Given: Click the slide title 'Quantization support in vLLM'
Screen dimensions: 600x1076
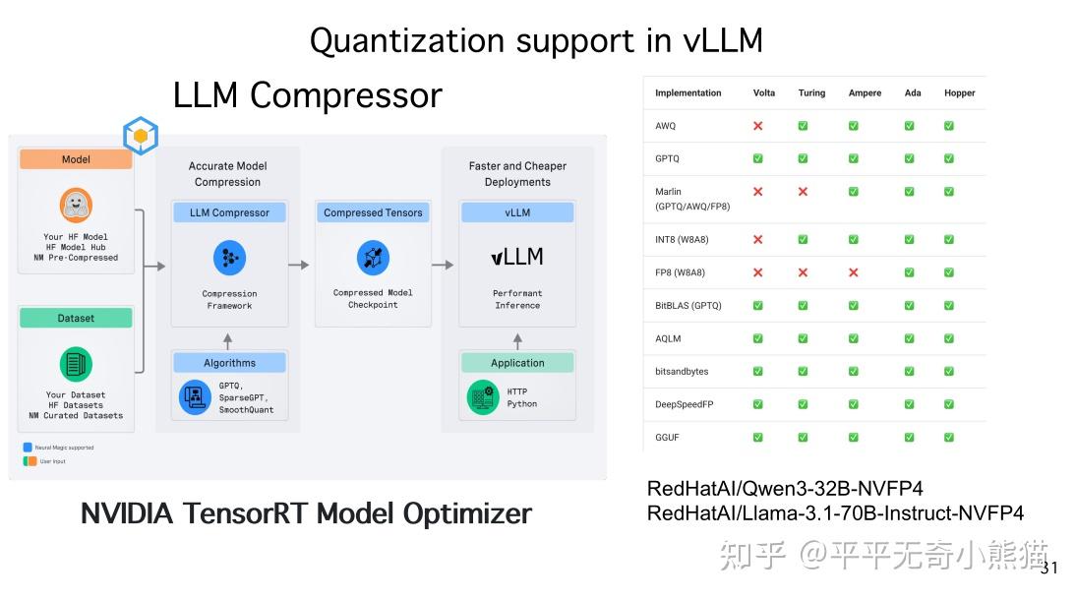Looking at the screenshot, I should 536,40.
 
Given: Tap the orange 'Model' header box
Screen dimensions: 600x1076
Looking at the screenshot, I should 76,159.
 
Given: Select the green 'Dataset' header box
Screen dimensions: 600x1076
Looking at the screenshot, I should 76,318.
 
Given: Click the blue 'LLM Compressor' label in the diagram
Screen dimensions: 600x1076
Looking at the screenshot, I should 229,212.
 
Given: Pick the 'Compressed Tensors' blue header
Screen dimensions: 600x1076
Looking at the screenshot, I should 373,212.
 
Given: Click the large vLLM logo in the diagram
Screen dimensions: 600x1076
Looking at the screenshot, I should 517,257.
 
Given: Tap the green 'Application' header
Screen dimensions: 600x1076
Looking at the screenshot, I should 517,363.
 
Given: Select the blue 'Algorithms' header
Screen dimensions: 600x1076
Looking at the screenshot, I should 229,363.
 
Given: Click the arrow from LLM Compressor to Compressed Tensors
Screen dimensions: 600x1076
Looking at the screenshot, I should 299,265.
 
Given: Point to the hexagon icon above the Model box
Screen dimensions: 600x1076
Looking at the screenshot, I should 141,136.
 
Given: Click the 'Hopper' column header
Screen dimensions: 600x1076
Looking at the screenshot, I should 959,93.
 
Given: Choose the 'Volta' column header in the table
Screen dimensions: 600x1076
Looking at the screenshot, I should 764,93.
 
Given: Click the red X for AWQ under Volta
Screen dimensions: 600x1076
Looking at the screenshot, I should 758,126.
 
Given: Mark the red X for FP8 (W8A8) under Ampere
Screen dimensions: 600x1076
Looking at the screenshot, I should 853,272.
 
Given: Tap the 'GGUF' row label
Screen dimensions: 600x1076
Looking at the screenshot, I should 668,437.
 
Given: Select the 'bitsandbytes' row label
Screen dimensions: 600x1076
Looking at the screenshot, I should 682,371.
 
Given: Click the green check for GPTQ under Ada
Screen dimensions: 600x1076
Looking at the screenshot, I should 909,158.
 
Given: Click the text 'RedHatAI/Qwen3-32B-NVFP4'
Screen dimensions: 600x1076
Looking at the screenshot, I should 785,489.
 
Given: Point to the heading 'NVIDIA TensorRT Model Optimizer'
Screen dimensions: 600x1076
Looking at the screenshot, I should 306,513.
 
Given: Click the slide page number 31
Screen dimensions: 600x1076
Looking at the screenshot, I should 1049,568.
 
